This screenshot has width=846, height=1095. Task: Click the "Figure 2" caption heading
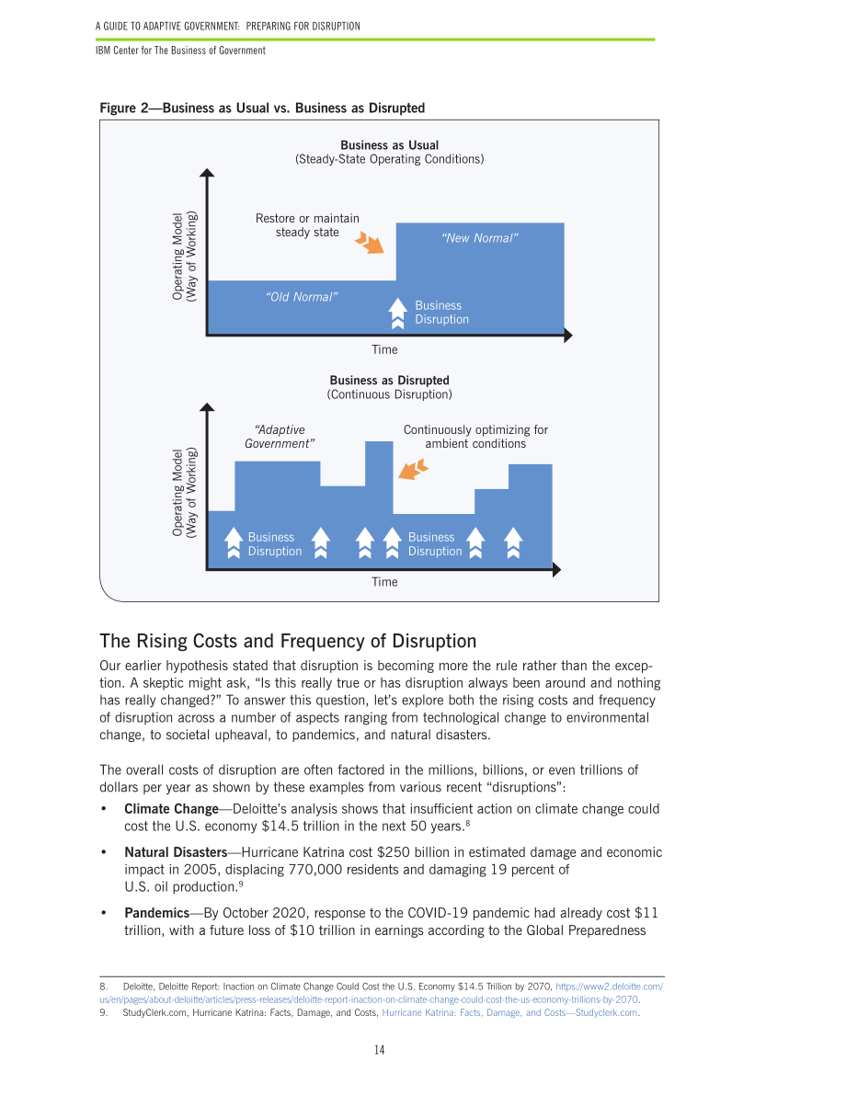[262, 108]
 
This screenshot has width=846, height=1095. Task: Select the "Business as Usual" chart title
[389, 145]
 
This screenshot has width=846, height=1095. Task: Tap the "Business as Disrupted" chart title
[389, 381]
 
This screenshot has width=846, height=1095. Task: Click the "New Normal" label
[479, 238]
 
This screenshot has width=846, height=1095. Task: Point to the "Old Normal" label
[301, 297]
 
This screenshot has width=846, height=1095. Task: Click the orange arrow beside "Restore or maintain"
[370, 243]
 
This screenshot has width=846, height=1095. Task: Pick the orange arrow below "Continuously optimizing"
[414, 469]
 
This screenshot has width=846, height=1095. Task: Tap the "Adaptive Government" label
[280, 437]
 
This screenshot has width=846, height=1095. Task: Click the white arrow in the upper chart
[397, 313]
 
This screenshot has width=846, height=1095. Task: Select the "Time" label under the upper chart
[384, 350]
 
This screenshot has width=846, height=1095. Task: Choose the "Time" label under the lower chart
[384, 582]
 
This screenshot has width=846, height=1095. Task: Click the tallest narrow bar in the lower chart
[379, 504]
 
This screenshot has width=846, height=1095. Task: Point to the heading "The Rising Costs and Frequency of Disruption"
[288, 641]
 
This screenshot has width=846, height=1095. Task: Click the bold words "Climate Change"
[171, 809]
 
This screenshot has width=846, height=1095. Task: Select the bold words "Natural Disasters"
[176, 852]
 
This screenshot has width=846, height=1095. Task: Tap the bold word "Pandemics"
[156, 913]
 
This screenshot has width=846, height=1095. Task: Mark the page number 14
[380, 1050]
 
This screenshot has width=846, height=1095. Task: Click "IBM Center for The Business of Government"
[180, 51]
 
